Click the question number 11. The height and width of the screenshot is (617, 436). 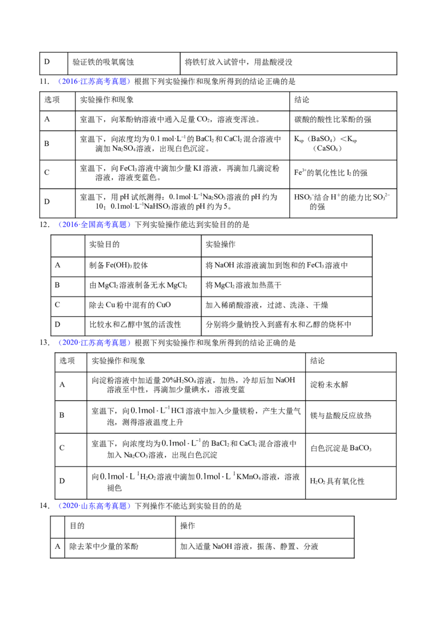[x=44, y=82]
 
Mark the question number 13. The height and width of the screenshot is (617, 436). [x=45, y=343]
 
